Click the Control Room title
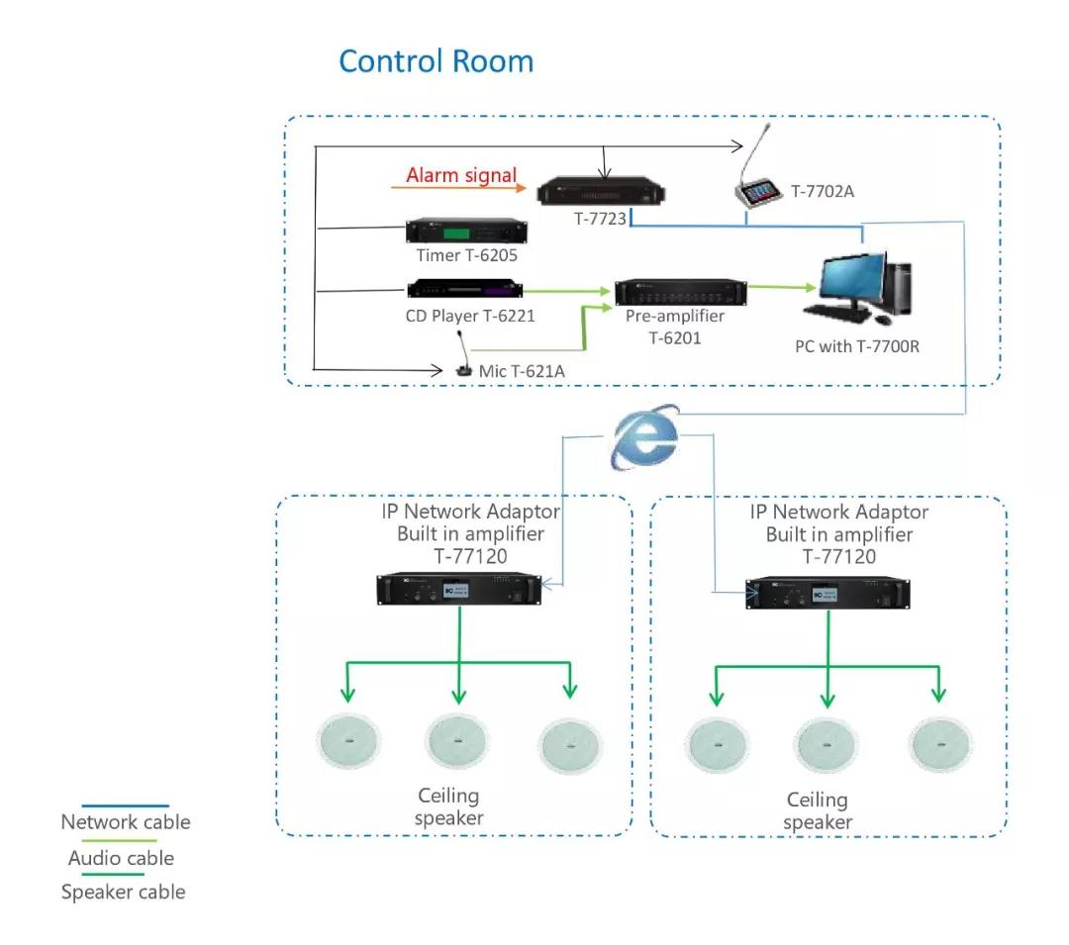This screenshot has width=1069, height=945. coord(436,61)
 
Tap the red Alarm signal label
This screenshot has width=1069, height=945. coord(461,176)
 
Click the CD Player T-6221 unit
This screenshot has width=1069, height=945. coord(464,291)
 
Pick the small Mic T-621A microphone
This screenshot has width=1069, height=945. coord(463,366)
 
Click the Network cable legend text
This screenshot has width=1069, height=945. coord(126,822)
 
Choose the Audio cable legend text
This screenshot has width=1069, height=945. coord(121,858)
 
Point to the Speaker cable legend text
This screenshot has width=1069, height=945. coord(124,893)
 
